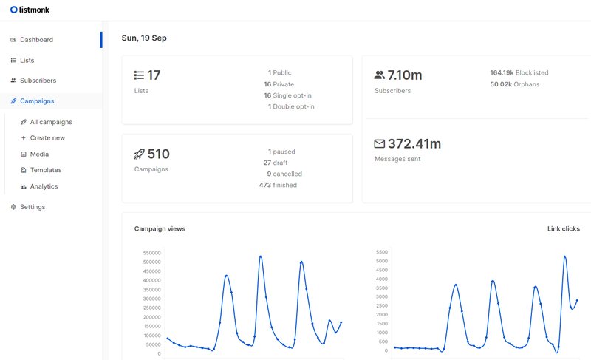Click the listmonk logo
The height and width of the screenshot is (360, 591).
point(30,10)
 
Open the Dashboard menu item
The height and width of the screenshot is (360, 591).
point(36,40)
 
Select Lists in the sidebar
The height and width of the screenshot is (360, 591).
point(27,61)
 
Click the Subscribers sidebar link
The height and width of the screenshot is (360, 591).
point(38,81)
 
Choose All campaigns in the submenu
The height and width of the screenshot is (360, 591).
point(51,122)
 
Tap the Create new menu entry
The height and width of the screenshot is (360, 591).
point(47,138)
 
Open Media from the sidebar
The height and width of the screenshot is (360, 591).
point(39,154)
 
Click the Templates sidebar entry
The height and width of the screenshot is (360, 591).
point(46,170)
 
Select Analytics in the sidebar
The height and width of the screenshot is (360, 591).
point(44,186)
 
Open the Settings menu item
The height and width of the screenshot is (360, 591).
point(32,207)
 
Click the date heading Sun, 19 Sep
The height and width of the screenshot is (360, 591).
point(144,38)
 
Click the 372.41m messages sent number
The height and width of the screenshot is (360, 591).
point(414,143)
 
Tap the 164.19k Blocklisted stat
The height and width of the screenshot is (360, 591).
point(519,73)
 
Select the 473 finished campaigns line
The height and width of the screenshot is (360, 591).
point(278,185)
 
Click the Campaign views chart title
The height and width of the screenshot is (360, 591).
point(160,229)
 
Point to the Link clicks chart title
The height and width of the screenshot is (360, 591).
point(564,229)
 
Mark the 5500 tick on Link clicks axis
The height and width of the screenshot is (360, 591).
point(381,252)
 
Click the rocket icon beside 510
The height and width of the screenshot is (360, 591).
point(139,154)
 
